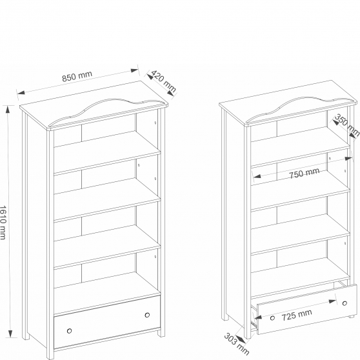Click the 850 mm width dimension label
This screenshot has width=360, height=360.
pyautogui.click(x=77, y=75)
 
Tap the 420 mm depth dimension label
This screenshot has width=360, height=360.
pyautogui.click(x=164, y=81)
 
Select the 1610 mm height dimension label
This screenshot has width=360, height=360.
pyautogui.click(x=3, y=223)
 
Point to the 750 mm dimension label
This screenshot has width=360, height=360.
pyautogui.click(x=304, y=173)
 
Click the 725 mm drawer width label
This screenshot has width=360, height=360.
pyautogui.click(x=297, y=315)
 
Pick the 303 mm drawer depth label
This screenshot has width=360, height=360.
pyautogui.click(x=236, y=344)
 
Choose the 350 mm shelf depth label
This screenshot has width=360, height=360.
pyautogui.click(x=347, y=125)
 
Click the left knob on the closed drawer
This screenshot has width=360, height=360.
pyautogui.click(x=69, y=331)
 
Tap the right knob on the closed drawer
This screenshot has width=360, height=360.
pyautogui.click(x=147, y=315)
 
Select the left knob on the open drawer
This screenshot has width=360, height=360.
pyautogui.click(x=272, y=318)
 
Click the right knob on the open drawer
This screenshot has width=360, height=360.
pyautogui.click(x=345, y=303)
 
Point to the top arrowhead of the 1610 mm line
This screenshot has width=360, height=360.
pyautogui.click(x=8, y=110)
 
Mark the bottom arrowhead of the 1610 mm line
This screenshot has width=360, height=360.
pyautogui.click(x=10, y=334)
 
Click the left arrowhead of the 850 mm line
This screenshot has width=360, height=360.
pyautogui.click(x=21, y=93)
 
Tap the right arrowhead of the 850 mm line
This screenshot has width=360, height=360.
pyautogui.click(x=134, y=70)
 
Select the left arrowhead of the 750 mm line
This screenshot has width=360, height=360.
pyautogui.click(x=257, y=177)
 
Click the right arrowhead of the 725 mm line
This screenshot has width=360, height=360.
pyautogui.click(x=333, y=301)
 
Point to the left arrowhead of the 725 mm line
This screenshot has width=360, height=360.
pyautogui.click(x=258, y=317)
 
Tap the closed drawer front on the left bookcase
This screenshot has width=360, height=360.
pyautogui.click(x=107, y=322)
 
